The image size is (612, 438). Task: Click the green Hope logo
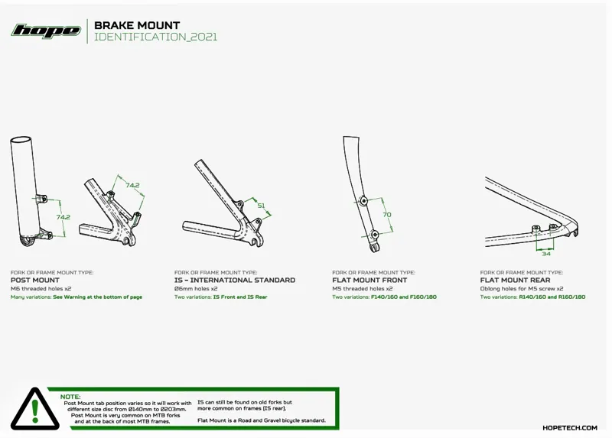coord(45,31)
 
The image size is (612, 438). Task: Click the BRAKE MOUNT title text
coord(137,25)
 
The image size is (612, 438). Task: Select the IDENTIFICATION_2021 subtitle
coord(155,37)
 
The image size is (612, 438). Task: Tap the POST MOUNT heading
coord(35,281)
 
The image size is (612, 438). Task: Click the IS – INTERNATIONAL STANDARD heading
coord(234,281)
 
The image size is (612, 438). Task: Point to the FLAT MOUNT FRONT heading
coord(370,281)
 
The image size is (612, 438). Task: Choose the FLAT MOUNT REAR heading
coord(515,281)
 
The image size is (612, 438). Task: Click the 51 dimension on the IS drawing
coord(260,206)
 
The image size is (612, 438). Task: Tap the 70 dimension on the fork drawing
coord(387,216)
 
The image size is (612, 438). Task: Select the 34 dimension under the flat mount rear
coord(545,253)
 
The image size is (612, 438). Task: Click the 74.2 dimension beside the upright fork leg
coord(63,217)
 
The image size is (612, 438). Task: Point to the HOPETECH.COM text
coord(569,428)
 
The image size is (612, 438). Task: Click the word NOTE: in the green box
coord(70,397)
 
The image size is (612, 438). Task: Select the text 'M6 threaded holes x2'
coord(41,288)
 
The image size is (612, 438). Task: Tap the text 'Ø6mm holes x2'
coord(196,288)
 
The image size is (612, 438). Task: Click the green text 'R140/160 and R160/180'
coord(552,297)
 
